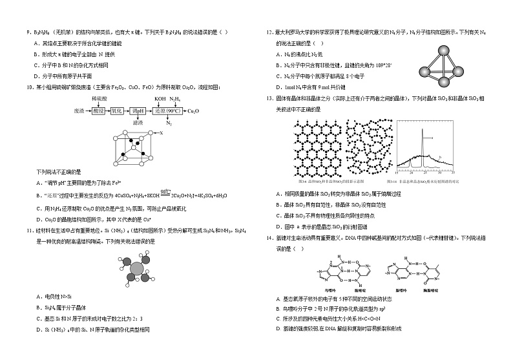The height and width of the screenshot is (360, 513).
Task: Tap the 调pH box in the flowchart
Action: [x=139, y=111]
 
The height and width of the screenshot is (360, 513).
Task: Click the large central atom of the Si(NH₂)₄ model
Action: [x=137, y=268]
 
